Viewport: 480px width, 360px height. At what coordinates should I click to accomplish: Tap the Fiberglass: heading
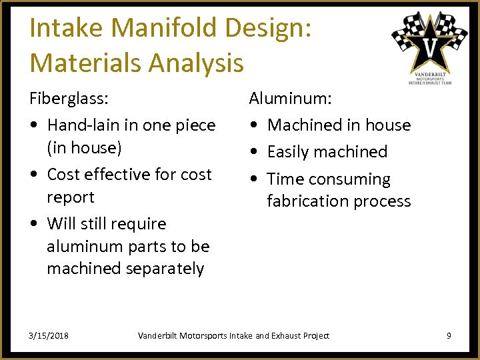point(69,99)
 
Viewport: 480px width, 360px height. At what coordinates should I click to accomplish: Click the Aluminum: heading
point(290,99)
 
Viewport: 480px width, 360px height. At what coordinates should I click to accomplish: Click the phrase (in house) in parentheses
point(84,147)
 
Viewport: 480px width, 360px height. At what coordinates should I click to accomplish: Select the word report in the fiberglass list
point(70,197)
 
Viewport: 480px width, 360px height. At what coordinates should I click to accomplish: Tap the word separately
point(163,269)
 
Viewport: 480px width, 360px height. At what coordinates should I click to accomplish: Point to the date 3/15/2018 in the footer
point(49,335)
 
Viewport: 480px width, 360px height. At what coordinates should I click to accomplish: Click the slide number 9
point(449,335)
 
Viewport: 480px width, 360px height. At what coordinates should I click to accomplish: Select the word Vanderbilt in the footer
point(157,335)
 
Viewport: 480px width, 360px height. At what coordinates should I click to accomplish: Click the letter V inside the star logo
point(430,48)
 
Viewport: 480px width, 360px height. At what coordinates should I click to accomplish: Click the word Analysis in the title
point(197,63)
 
